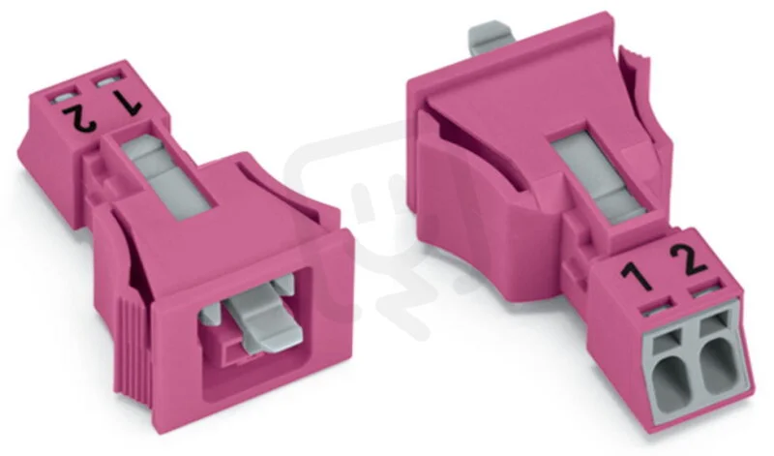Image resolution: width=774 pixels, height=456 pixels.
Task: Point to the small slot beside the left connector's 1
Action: click(108, 80)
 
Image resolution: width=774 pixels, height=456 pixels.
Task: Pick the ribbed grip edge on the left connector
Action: click(133, 346)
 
